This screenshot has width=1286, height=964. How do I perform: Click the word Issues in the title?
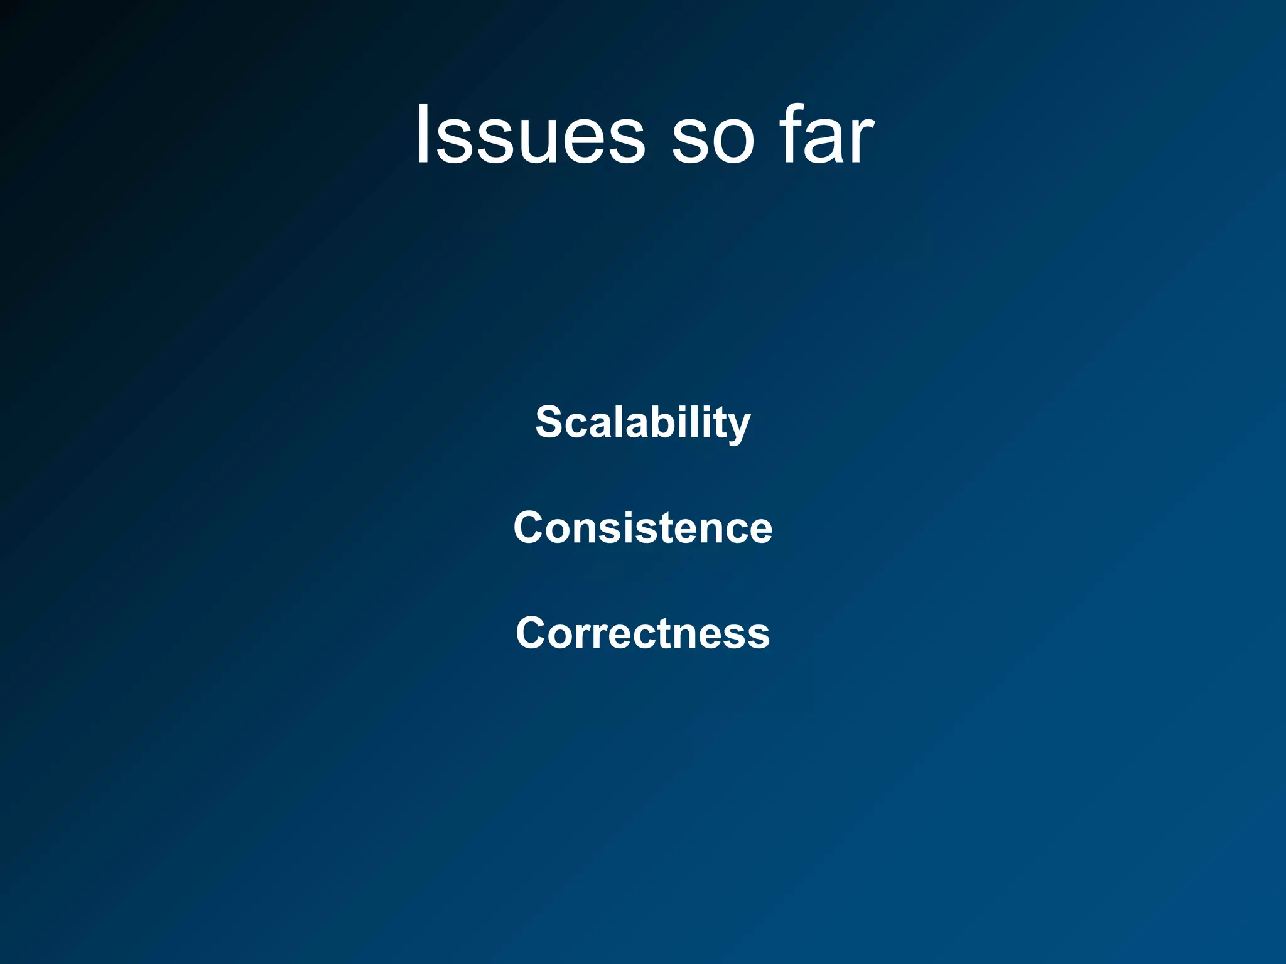point(529,135)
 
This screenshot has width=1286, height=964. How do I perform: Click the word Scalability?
point(642,422)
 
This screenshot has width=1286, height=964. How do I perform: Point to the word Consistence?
point(642,527)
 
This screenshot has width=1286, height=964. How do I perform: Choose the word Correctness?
point(642,633)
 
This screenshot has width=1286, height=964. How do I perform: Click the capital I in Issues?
point(423,135)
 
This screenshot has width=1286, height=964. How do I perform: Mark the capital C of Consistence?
point(529,527)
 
